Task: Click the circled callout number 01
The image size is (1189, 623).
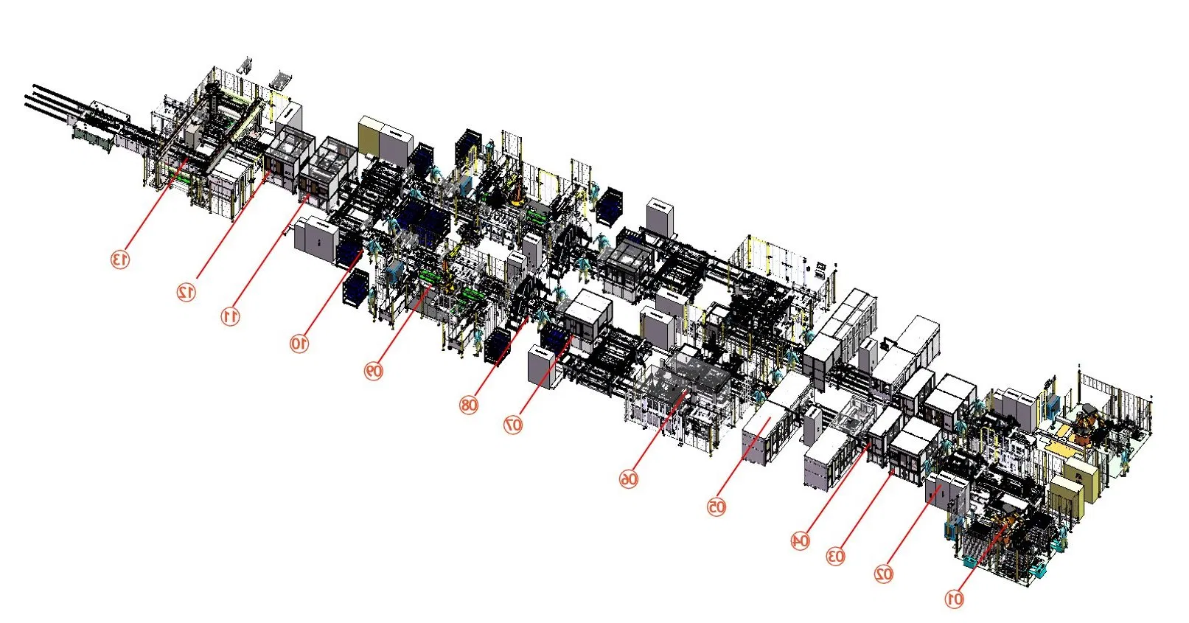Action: [955, 599]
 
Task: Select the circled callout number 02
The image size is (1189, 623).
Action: [884, 574]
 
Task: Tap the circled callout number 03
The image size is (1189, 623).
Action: [835, 556]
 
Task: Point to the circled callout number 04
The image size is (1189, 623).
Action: [800, 540]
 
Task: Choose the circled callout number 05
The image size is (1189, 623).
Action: [716, 507]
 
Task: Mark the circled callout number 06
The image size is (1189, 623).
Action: [629, 479]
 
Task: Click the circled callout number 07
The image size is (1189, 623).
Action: [513, 425]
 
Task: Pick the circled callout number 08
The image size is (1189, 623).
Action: [469, 406]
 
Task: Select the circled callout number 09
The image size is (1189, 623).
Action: [373, 371]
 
